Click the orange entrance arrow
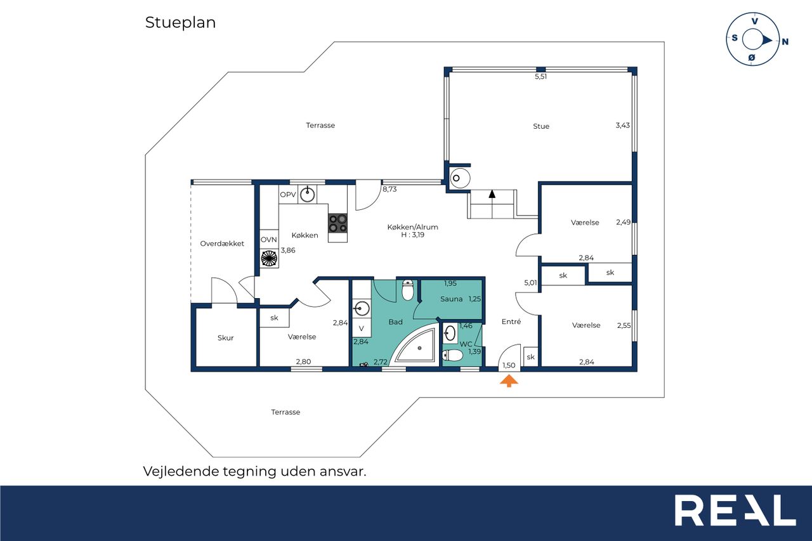click(x=509, y=381)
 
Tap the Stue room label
click(x=541, y=126)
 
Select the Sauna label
click(x=451, y=299)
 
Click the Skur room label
click(x=225, y=337)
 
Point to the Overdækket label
click(x=222, y=244)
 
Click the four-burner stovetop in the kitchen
click(x=338, y=223)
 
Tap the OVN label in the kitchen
click(x=268, y=240)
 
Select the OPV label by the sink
click(x=288, y=195)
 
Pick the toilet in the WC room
click(x=452, y=355)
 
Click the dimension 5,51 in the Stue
click(x=541, y=77)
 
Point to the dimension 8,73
click(x=390, y=189)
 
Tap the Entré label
click(x=511, y=322)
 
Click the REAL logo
click(x=735, y=510)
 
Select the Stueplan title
click(x=181, y=23)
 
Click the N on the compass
click(x=785, y=42)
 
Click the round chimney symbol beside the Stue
click(x=460, y=178)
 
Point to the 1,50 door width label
click(x=509, y=365)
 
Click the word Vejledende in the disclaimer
click(x=181, y=471)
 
